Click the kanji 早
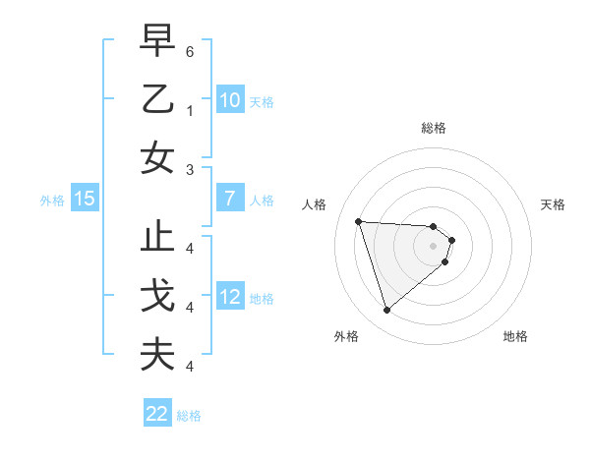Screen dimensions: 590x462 [158, 40]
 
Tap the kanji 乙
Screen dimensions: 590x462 [158, 99]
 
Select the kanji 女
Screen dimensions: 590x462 [158, 157]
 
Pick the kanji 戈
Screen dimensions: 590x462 [158, 296]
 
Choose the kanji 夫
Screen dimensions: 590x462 [158, 354]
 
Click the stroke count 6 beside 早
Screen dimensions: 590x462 [190, 50]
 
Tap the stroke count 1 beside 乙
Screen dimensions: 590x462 [190, 111]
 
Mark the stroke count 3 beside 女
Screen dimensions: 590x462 [190, 170]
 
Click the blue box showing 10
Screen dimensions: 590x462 [229, 100]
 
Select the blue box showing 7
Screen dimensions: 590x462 [229, 199]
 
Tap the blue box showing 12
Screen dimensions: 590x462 [229, 297]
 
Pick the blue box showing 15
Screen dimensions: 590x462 [85, 199]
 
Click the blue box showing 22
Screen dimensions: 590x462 [157, 414]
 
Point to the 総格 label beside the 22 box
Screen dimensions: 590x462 [190, 416]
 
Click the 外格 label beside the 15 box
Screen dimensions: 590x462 [52, 201]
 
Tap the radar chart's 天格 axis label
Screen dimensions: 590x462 [553, 204]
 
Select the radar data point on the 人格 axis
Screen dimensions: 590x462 [358, 221]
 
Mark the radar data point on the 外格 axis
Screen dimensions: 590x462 [386, 311]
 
